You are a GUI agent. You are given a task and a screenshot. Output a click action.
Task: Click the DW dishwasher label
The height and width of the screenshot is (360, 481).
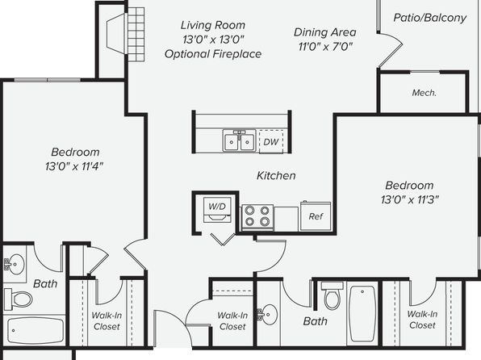click(x=271, y=142)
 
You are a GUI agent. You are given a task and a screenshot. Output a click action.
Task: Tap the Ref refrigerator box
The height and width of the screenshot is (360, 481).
click(x=316, y=216)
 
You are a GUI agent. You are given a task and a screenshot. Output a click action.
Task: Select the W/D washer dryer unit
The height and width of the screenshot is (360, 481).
click(x=217, y=210)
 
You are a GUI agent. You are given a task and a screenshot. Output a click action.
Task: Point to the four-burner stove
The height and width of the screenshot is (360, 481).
click(x=257, y=217)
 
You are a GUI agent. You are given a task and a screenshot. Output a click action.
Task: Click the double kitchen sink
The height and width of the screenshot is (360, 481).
click(x=239, y=140)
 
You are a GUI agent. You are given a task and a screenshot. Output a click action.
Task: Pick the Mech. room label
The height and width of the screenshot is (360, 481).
click(x=425, y=93)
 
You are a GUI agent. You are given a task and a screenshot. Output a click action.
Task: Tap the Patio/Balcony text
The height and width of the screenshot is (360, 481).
click(x=430, y=18)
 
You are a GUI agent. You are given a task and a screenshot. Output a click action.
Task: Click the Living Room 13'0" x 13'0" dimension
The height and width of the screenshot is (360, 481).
click(x=213, y=40)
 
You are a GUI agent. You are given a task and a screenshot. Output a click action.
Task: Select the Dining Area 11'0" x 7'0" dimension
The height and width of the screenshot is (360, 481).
click(x=325, y=47)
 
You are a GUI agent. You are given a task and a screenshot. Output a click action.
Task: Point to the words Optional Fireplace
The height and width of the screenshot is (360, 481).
click(x=213, y=54)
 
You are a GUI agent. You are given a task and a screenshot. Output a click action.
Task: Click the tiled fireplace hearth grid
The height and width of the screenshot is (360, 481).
click(x=136, y=35)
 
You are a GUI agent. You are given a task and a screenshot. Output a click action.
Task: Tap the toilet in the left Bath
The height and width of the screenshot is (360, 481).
click(x=19, y=299)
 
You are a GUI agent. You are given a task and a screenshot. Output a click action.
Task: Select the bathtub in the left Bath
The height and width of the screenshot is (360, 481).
click(x=36, y=330)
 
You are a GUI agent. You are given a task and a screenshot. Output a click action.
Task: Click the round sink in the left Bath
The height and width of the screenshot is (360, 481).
click(x=14, y=264)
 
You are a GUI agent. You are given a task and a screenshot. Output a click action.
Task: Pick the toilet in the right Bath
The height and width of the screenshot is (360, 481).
click(x=333, y=295)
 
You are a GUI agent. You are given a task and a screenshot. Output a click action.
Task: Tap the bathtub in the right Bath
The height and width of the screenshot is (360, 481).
click(x=362, y=314)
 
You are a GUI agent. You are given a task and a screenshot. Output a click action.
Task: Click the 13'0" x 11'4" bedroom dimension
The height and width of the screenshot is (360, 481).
click(x=74, y=166)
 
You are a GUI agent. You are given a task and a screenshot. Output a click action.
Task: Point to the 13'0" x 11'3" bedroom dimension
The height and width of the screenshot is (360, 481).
click(x=410, y=200)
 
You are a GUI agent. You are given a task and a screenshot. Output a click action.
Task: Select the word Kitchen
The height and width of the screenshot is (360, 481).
click(x=276, y=175)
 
